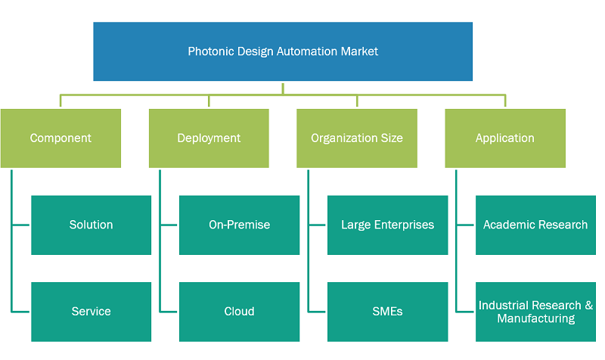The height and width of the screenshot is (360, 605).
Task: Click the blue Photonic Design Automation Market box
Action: coord(283,51)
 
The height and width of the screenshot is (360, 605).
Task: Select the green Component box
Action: coord(60,138)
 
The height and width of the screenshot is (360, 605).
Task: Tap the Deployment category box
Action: coord(209,138)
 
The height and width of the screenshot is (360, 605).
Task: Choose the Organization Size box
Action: coord(357,138)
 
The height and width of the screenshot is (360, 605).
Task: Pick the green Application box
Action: coord(505,138)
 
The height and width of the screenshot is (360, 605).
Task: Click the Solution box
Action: coord(91,225)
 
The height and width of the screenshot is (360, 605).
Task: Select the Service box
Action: coord(91,312)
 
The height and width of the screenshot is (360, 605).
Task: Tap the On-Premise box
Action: coord(239,225)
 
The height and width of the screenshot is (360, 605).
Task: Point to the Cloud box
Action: coord(239,312)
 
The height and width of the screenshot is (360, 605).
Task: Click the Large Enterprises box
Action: coord(388,225)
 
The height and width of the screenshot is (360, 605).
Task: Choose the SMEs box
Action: coord(388,312)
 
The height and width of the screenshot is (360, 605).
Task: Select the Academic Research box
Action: coord(535,225)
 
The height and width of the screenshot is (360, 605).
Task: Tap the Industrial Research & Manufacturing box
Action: coord(535,312)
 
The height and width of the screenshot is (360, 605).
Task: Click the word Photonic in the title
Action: coord(211,51)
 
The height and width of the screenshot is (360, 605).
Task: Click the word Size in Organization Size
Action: coord(393,138)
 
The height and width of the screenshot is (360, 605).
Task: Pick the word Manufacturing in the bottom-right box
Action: coord(536,318)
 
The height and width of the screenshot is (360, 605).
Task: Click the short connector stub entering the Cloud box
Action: coord(169,312)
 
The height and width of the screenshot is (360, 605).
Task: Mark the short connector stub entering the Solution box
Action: coord(20,225)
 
